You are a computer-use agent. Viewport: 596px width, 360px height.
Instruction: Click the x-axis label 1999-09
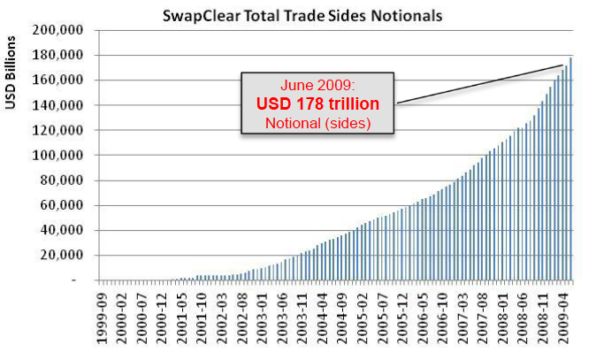105,315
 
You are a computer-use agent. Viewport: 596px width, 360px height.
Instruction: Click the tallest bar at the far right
571,168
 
